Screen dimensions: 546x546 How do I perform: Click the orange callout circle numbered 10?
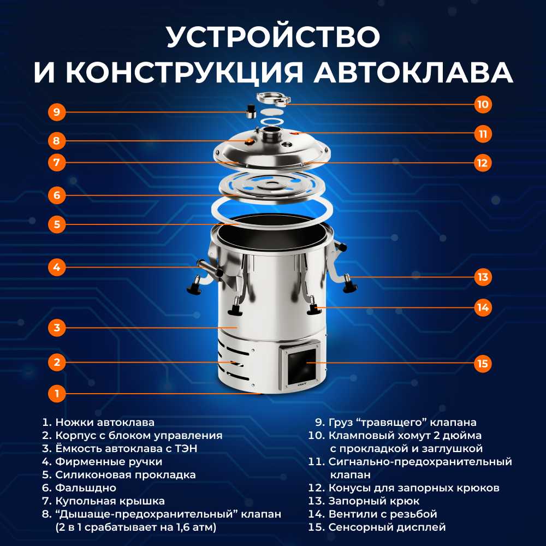483,104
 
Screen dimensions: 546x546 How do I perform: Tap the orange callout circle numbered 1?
57,394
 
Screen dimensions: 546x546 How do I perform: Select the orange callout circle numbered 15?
483,364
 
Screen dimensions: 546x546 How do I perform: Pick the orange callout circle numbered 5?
57,224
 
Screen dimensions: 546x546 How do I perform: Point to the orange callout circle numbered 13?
483,277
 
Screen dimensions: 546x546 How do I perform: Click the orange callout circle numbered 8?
57,141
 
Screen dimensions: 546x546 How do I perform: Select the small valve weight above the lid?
251,111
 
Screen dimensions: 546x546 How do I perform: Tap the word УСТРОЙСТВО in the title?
273,37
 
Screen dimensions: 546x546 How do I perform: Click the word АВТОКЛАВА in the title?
413,73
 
